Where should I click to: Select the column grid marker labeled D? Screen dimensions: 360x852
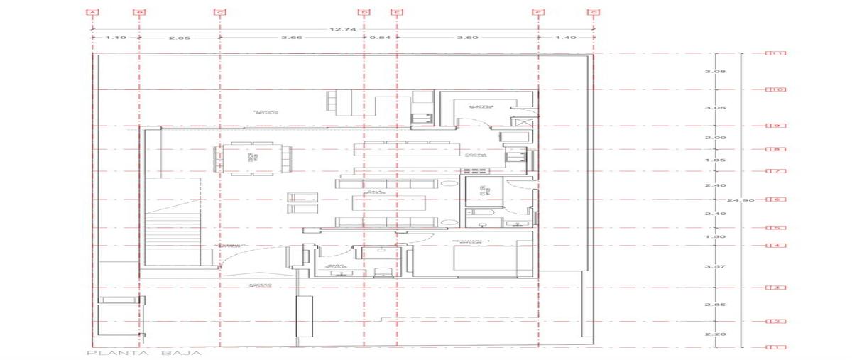pyautogui.click(x=364, y=12)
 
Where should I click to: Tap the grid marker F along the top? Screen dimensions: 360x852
pyautogui.click(x=539, y=12)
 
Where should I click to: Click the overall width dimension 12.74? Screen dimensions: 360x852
pyautogui.click(x=338, y=29)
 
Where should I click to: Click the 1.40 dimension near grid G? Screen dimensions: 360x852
pyautogui.click(x=566, y=38)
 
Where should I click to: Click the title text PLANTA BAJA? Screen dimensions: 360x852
pyautogui.click(x=144, y=353)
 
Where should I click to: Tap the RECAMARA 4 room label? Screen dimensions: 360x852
pyautogui.click(x=471, y=243)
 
